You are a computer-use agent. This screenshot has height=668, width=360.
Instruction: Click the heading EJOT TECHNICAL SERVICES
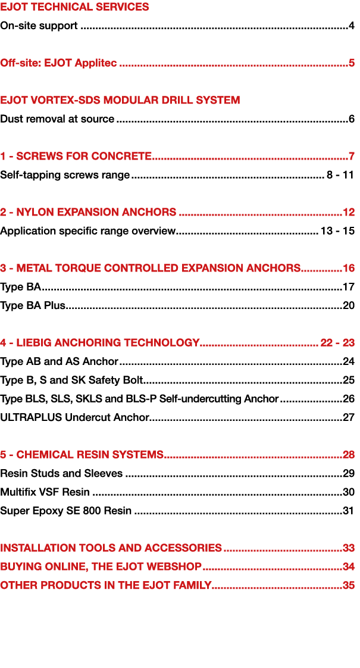(x=74, y=7)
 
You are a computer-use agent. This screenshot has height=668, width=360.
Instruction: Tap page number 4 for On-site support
(x=352, y=26)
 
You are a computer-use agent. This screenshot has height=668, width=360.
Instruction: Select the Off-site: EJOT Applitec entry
(x=58, y=63)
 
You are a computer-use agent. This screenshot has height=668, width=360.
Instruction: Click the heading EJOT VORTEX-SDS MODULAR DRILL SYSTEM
(x=120, y=100)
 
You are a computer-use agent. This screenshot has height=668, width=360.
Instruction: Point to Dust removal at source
(x=57, y=119)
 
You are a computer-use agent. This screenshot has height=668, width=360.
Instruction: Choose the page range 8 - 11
(x=340, y=174)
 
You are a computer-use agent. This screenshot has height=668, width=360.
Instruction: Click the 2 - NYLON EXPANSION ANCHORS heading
(x=88, y=212)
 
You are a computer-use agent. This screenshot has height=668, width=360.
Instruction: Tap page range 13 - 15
(x=337, y=231)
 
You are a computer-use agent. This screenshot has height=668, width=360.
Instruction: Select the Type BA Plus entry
(x=33, y=305)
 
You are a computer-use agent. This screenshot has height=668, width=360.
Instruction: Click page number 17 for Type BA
(x=349, y=287)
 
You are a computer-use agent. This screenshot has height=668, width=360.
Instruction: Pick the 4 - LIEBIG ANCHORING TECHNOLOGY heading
(x=100, y=342)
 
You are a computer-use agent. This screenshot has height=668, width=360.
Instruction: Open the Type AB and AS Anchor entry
(x=60, y=362)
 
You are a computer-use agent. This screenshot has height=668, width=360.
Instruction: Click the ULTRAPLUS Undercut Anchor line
(x=74, y=417)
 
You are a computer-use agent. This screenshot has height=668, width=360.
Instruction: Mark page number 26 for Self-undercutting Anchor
(x=349, y=399)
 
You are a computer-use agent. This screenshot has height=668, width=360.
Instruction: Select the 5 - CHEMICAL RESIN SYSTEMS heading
(x=82, y=455)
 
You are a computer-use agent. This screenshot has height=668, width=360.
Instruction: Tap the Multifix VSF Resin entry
(x=45, y=492)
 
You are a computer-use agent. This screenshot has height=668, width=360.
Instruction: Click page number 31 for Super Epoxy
(x=349, y=510)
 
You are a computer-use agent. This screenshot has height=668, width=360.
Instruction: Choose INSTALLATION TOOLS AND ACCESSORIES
(x=111, y=548)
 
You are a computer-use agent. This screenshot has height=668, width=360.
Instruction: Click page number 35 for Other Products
(x=349, y=585)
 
